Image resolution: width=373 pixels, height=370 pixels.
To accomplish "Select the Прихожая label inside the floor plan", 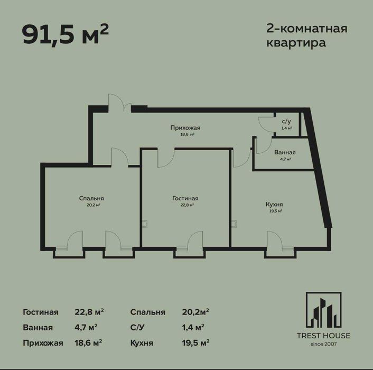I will pyautogui.click(x=185, y=128).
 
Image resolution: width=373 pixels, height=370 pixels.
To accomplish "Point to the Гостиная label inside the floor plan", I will pyautogui.click(x=185, y=198).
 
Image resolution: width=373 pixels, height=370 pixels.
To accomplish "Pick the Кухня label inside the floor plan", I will pyautogui.click(x=274, y=204).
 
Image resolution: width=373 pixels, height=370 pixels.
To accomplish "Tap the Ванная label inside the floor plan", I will pyautogui.click(x=285, y=152).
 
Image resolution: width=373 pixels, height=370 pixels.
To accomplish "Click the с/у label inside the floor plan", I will pyautogui.click(x=285, y=121).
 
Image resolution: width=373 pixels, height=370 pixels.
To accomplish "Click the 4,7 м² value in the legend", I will pyautogui.click(x=86, y=327).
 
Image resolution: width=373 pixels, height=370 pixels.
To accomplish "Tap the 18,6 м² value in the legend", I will pyautogui.click(x=88, y=343).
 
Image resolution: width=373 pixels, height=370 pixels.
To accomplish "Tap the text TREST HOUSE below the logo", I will pyautogui.click(x=323, y=336).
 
